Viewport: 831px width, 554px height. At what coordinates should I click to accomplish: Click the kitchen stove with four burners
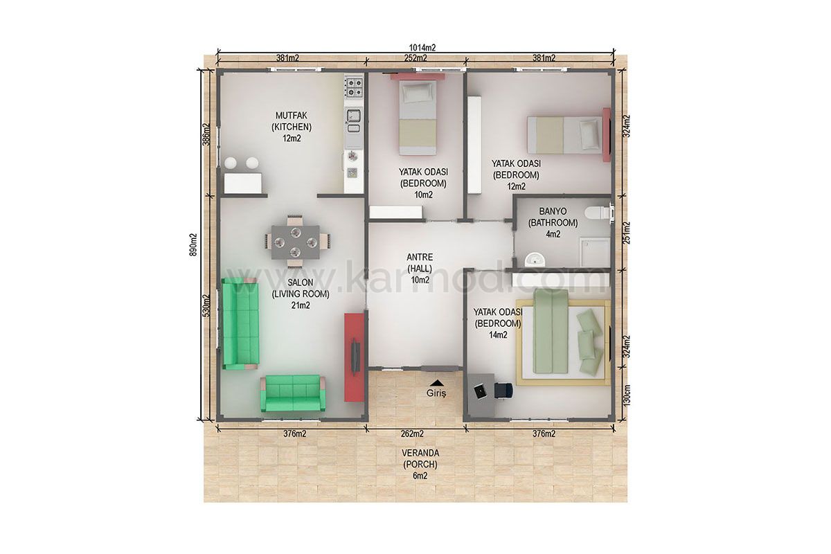click(x=354, y=87)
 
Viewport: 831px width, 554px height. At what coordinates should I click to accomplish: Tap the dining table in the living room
click(x=295, y=242)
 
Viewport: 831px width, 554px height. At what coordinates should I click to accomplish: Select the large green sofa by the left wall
click(x=240, y=323)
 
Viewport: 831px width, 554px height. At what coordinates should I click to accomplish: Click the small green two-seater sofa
click(x=293, y=393)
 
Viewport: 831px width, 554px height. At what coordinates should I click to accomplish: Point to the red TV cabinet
click(x=354, y=357)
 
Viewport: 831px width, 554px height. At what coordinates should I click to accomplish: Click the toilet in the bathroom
click(x=598, y=214)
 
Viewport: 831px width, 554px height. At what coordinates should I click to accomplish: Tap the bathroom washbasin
click(x=535, y=260)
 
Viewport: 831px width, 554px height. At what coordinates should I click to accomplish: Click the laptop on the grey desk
click(x=481, y=391)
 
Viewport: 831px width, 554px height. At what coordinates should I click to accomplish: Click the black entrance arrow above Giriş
click(x=438, y=382)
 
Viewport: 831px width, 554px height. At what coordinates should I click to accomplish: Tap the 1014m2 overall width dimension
click(x=422, y=48)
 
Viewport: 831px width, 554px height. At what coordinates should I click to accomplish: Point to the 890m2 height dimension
click(x=193, y=245)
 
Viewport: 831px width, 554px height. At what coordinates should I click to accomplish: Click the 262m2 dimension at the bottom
click(x=412, y=434)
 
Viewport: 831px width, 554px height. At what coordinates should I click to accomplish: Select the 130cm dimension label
click(x=626, y=395)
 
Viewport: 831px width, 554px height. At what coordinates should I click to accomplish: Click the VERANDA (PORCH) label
click(x=420, y=458)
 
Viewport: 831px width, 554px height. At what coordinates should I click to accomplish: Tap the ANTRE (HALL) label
click(x=420, y=262)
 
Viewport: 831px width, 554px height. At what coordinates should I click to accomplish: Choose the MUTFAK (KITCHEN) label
click(x=292, y=121)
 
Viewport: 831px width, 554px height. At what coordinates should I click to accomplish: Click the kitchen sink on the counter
click(x=353, y=116)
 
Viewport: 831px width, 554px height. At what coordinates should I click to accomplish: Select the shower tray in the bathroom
click(x=595, y=252)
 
